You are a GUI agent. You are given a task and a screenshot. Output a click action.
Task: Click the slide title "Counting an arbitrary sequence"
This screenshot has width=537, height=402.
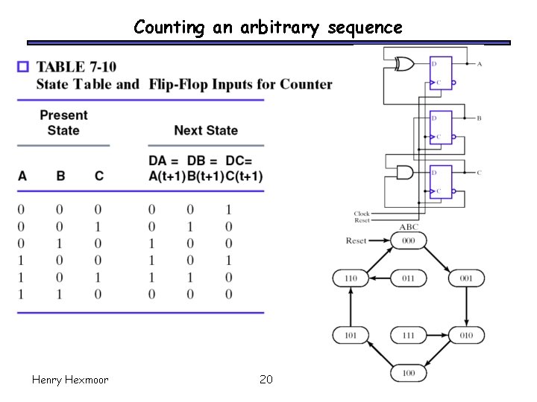(x=268, y=28)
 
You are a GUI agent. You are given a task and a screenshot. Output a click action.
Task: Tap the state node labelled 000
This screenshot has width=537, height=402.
(x=409, y=240)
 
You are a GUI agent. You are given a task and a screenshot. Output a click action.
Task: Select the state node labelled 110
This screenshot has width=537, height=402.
(x=351, y=278)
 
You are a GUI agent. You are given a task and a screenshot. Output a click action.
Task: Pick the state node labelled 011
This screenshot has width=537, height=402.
(x=409, y=278)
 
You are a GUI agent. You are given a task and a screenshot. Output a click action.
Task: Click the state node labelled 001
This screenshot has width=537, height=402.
(x=466, y=278)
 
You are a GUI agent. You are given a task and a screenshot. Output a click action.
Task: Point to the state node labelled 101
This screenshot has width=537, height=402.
(x=351, y=335)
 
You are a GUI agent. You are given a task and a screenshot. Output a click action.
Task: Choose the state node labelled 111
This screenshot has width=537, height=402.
(x=409, y=335)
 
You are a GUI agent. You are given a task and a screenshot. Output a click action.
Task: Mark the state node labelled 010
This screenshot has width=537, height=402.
(x=466, y=335)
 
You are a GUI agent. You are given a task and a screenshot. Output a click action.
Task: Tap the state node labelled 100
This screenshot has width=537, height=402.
(x=409, y=372)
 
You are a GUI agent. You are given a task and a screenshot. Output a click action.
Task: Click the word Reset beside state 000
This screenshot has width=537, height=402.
(x=357, y=240)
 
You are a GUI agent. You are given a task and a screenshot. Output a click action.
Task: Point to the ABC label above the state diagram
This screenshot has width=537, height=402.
(x=409, y=227)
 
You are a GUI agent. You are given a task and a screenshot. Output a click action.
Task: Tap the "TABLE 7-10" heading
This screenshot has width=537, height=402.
(x=76, y=68)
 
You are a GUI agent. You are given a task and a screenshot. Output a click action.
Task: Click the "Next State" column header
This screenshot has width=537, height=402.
(x=206, y=130)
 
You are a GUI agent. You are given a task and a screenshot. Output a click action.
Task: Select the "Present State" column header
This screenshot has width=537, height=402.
(x=63, y=123)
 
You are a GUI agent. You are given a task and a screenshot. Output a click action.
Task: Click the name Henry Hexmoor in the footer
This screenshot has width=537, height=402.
(x=70, y=380)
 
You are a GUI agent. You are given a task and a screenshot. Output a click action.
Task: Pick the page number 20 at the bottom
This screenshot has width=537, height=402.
(x=266, y=380)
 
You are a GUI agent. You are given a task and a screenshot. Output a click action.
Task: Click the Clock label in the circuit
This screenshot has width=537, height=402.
(x=362, y=214)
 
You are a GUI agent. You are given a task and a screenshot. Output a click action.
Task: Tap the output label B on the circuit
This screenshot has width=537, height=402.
(x=479, y=118)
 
